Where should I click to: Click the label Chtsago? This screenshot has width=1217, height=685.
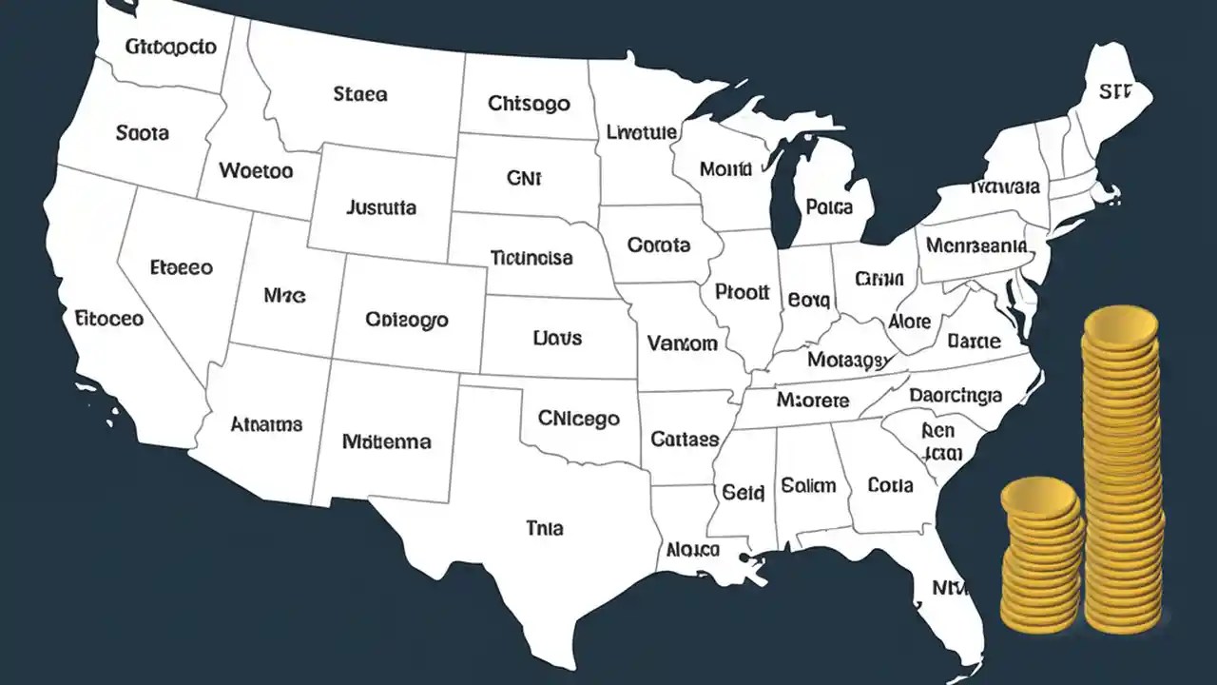tap(529, 103)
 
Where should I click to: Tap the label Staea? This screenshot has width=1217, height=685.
tap(360, 94)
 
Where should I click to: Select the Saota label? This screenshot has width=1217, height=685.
tap(143, 133)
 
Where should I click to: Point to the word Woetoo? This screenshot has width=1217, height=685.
tap(256, 171)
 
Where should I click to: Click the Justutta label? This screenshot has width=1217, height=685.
tap(381, 206)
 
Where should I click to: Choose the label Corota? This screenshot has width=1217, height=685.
tap(659, 245)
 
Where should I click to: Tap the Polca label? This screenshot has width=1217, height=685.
tap(828, 205)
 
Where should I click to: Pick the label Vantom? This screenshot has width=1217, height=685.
tap(682, 343)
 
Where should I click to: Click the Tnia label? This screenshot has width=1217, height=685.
tap(544, 527)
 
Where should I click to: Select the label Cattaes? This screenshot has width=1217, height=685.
tap(685, 440)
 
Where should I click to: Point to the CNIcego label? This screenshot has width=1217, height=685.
tap(578, 418)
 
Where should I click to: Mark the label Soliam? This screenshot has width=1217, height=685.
tap(808, 485)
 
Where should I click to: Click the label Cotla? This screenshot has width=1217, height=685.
tap(890, 485)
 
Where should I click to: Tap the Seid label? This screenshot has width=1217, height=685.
tap(743, 493)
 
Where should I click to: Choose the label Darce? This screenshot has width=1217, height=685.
tap(974, 341)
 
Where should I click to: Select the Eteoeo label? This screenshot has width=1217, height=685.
tap(182, 268)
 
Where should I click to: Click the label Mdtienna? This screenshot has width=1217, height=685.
tap(386, 441)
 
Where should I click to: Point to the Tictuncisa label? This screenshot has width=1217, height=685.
tap(531, 257)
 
